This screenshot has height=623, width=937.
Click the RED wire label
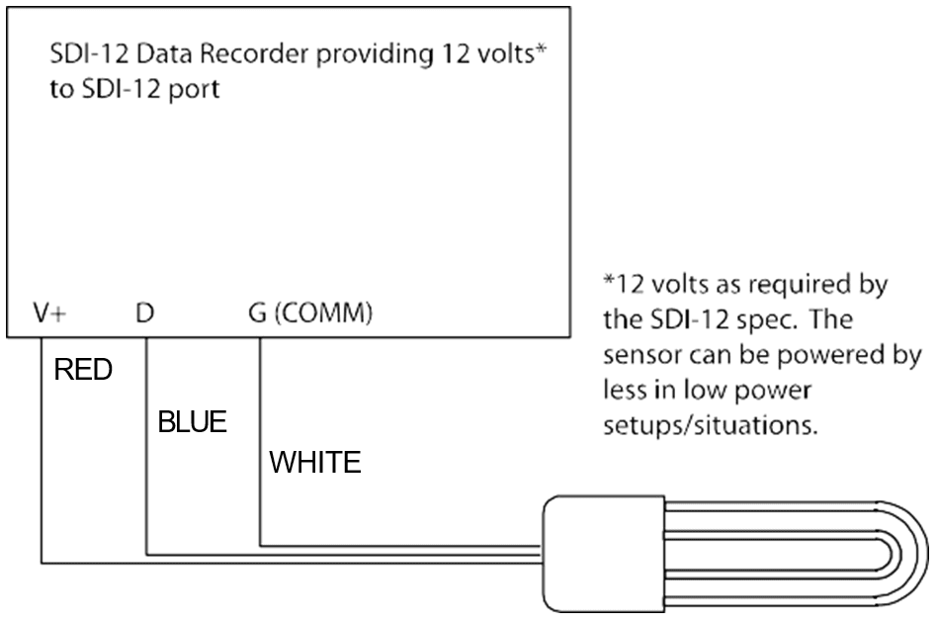84,371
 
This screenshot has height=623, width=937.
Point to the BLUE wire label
193,423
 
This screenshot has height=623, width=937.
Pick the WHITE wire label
315,462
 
